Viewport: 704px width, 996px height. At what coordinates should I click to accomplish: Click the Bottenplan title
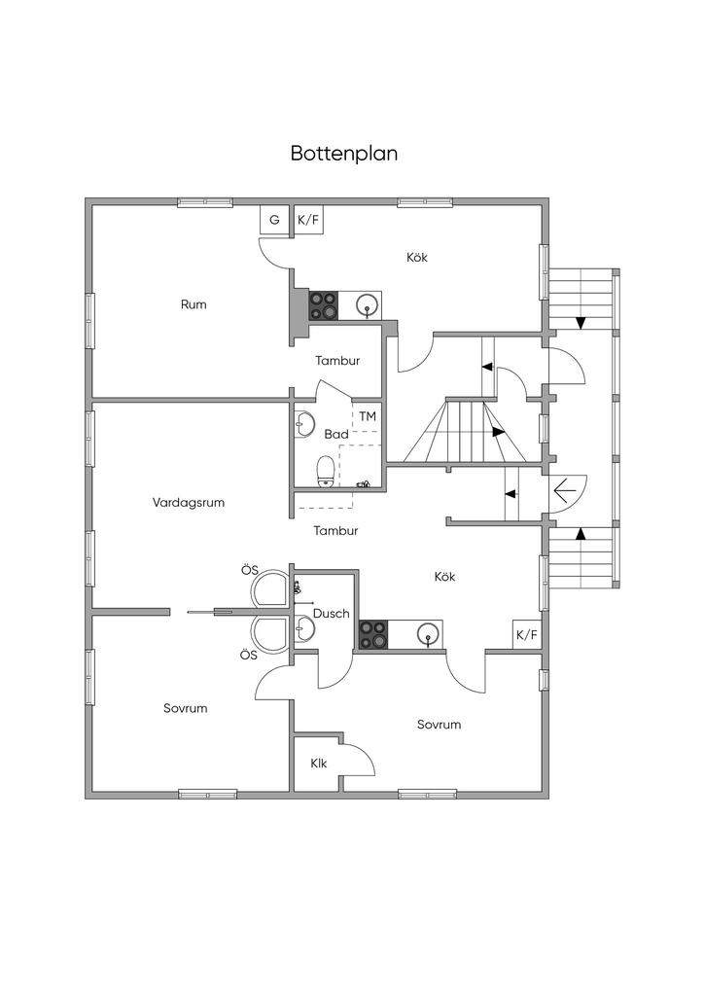tap(344, 153)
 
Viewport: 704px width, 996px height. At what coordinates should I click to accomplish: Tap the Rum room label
tap(194, 304)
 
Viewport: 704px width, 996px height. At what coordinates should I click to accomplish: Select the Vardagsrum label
tap(189, 503)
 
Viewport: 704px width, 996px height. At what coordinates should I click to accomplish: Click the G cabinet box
tap(274, 221)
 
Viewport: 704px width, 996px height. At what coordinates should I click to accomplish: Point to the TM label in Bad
tap(368, 416)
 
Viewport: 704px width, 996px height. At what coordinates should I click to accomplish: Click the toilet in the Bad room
tap(326, 471)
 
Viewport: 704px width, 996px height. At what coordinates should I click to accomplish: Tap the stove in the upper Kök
tap(324, 305)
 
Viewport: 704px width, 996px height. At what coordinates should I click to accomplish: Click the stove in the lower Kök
tap(372, 634)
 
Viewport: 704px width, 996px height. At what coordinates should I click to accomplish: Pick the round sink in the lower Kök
tap(429, 634)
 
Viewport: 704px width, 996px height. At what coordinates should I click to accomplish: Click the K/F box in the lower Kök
tap(527, 634)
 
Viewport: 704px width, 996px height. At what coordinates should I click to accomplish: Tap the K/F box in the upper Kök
tap(308, 221)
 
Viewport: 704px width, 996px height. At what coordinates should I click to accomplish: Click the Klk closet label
tap(319, 763)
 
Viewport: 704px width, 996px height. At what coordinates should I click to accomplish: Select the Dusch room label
tap(332, 614)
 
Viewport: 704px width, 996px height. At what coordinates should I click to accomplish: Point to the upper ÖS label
tap(250, 570)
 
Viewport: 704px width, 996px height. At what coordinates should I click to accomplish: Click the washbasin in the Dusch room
tap(304, 629)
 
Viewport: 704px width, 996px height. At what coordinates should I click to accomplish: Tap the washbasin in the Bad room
tap(304, 425)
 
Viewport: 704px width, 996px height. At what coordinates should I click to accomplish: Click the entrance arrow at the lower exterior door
tap(565, 490)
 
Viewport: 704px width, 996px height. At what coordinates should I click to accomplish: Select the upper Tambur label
tap(337, 361)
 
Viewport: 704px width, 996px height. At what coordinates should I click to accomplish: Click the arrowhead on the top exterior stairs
tap(581, 323)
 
